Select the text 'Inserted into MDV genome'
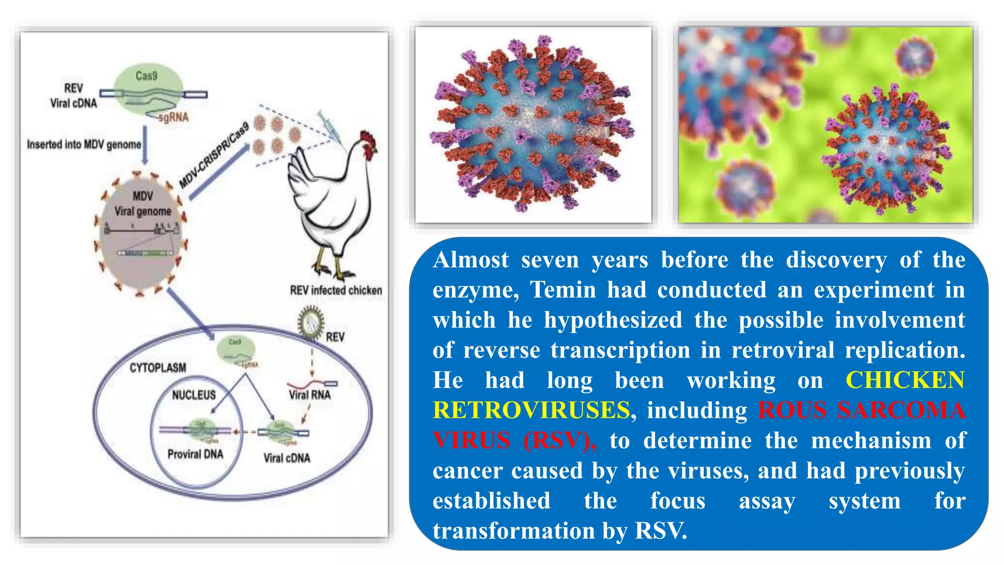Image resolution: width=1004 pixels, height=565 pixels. click(84, 145)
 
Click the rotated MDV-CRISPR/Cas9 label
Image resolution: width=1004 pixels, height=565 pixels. click(214, 156)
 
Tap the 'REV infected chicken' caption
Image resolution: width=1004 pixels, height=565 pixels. click(336, 290)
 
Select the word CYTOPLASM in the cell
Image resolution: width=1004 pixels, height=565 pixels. click(158, 368)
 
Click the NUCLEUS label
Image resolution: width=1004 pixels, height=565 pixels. click(194, 395)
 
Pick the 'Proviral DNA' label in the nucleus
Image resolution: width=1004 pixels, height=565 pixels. click(195, 454)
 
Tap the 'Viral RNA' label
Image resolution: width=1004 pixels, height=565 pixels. click(309, 395)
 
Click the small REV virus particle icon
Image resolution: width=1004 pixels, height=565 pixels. click(311, 322)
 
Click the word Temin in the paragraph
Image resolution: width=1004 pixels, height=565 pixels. click(562, 290)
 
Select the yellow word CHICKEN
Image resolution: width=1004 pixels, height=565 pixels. click(905, 380)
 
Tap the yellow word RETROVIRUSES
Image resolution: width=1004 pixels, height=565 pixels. click(531, 411)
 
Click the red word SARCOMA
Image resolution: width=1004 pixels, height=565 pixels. click(901, 411)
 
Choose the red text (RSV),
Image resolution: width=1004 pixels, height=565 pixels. click(559, 440)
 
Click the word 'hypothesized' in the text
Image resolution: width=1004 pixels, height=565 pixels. click(613, 320)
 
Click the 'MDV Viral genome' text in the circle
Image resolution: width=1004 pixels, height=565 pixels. click(143, 204)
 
